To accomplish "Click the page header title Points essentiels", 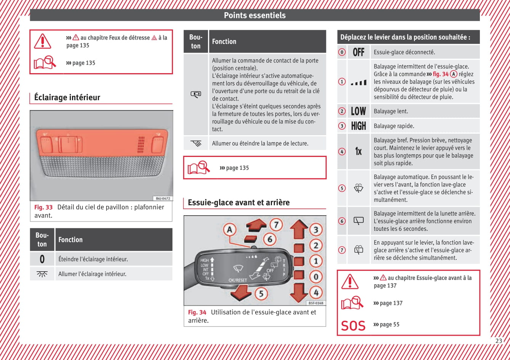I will pos(254,15).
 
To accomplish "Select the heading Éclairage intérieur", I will pos(67,98).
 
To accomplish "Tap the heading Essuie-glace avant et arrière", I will pos(238,203).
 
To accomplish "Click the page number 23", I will pos(499,341).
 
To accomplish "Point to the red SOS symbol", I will pos(353,326).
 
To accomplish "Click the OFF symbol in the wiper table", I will pos(358,52).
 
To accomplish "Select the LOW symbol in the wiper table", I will pos(358,111).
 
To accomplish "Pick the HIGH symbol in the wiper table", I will pos(358,126).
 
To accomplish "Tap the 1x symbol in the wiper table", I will pos(358,151).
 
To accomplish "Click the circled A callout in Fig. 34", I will pos(230,230).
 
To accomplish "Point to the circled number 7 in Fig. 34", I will pos(277,224).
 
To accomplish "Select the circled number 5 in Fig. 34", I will pos(261,293).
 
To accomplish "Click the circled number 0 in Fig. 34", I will pos(316,277).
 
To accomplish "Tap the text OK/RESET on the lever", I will pos(238,280).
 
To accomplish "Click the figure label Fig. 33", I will pos(43,207).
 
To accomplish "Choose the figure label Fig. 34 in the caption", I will pos(197,312).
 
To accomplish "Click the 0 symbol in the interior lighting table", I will pos(42,259).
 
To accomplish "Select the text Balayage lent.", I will pos(391,111).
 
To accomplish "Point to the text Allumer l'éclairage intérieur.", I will pos(92,274).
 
